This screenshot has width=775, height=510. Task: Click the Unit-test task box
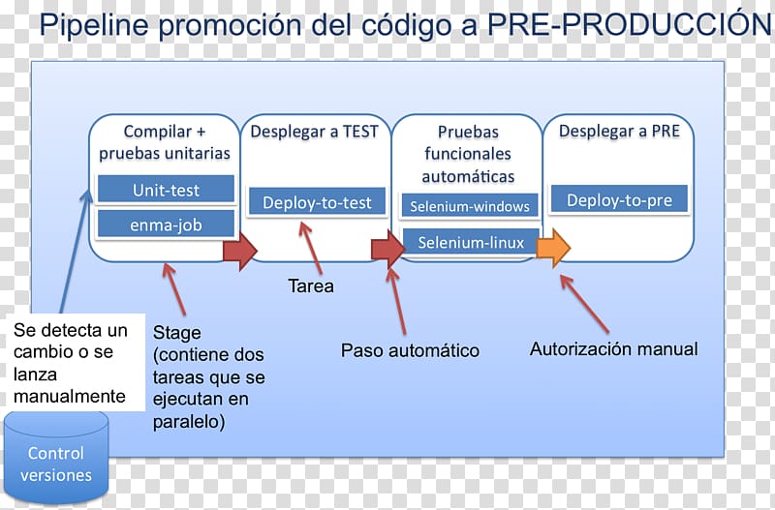(x=166, y=189)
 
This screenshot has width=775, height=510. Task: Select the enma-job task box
(x=166, y=225)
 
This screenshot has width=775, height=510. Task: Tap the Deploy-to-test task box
(x=317, y=201)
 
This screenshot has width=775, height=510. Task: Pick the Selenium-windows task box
(x=470, y=205)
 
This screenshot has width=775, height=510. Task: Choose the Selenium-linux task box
(x=471, y=241)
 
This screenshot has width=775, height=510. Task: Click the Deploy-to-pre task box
(x=619, y=199)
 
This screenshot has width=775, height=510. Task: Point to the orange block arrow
(x=553, y=248)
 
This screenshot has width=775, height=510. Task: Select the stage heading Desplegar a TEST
(x=314, y=132)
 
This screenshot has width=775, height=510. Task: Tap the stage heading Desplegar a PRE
(x=619, y=131)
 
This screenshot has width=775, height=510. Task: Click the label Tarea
(x=310, y=286)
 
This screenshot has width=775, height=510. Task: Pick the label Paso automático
(x=410, y=350)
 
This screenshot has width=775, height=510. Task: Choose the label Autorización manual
(x=614, y=349)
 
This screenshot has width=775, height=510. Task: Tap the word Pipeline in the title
(x=94, y=25)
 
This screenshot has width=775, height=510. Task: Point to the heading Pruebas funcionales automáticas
(x=468, y=154)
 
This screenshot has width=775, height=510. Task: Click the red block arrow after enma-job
(x=240, y=251)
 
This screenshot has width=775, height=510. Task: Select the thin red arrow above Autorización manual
(x=585, y=304)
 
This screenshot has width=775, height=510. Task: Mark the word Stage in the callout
(x=177, y=333)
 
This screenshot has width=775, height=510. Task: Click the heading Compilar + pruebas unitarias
(x=165, y=142)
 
